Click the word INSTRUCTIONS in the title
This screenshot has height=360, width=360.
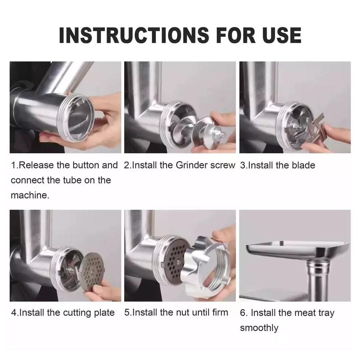(x=134, y=35)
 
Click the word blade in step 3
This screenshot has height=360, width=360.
(x=303, y=165)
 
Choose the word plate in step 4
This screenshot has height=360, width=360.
(x=104, y=313)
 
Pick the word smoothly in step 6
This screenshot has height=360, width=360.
(x=259, y=328)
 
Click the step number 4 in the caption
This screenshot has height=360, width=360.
(x=14, y=313)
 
